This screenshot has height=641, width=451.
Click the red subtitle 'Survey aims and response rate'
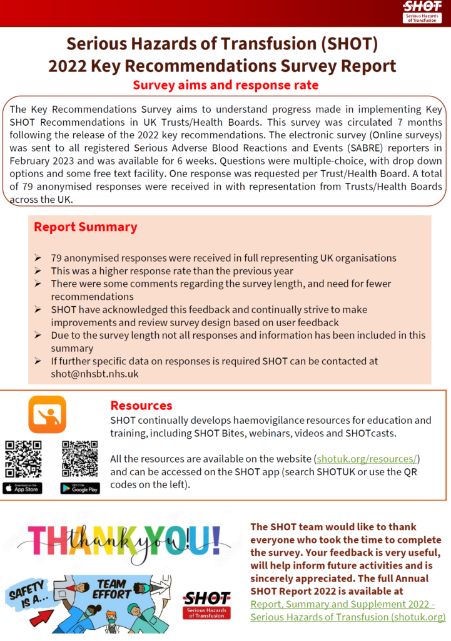[x=225, y=85]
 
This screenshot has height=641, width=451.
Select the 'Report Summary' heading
[x=85, y=227]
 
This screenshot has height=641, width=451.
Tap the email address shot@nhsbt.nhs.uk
[x=94, y=374]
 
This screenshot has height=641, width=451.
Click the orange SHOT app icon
[x=47, y=414]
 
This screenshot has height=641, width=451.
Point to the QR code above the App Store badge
[x=23, y=459]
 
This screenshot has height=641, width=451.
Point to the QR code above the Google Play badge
[x=79, y=459]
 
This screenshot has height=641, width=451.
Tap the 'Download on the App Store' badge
[x=23, y=488]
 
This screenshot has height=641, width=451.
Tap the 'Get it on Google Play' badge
[x=79, y=488]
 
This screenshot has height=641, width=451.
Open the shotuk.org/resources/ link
[x=367, y=459]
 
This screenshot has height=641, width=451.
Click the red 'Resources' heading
[x=141, y=406]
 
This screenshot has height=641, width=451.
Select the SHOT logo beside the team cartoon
[x=206, y=605]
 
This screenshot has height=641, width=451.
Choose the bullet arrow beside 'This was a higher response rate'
[x=38, y=271]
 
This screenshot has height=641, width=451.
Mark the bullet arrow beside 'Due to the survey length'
[x=38, y=336]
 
